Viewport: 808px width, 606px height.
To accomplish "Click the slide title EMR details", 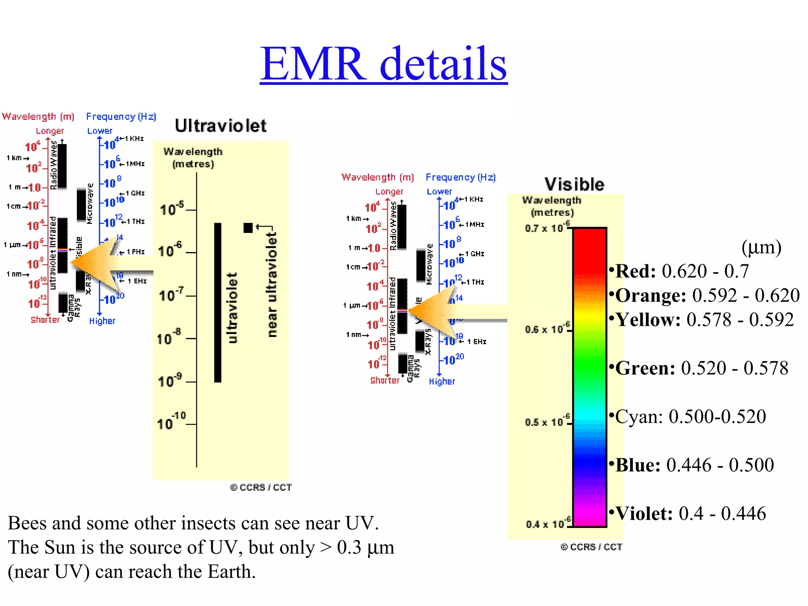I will click(383, 64).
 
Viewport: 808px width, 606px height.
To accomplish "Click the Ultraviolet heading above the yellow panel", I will click(221, 126).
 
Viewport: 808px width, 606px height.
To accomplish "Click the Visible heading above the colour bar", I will click(574, 184).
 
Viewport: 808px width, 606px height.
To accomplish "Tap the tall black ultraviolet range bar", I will click(217, 303).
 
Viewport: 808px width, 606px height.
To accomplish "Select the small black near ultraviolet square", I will click(248, 228).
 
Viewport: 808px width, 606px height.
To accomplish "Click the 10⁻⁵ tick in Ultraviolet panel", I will click(172, 208).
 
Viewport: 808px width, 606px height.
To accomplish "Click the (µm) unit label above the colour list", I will click(761, 248).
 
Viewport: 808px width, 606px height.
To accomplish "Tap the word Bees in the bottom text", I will click(27, 524).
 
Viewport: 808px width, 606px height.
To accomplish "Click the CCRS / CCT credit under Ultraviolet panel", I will click(261, 488).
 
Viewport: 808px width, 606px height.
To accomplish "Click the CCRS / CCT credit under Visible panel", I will click(591, 547).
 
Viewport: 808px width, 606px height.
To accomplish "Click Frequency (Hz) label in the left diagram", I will click(121, 117).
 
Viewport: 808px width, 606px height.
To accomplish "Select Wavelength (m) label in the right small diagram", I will click(378, 178).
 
